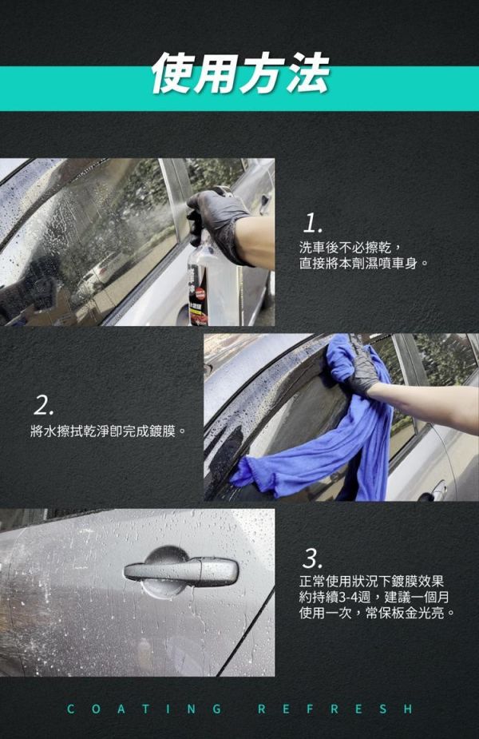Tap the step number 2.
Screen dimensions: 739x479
44,405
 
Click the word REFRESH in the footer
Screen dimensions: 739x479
336,709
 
